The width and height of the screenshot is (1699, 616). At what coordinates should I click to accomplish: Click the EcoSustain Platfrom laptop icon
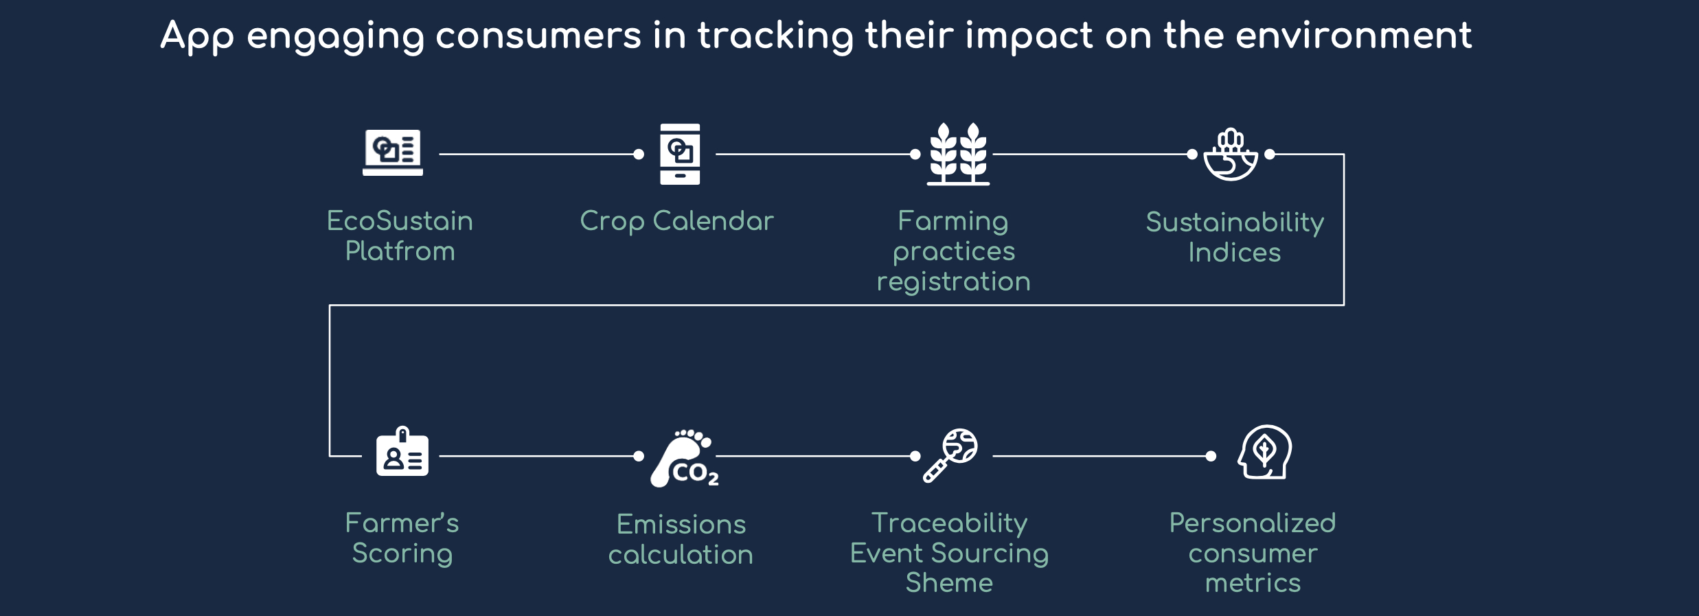[x=393, y=152]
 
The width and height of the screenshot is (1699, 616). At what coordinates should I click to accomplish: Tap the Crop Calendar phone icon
[x=680, y=154]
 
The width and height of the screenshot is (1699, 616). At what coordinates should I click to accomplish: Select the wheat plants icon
[x=958, y=154]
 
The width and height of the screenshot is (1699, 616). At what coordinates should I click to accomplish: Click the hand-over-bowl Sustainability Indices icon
[x=1231, y=155]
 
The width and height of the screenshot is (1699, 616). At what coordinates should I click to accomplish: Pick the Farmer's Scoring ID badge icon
[x=402, y=451]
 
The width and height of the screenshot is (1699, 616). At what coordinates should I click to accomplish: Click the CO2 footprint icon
[x=685, y=458]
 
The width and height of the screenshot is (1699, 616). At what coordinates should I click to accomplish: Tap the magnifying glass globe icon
[x=950, y=455]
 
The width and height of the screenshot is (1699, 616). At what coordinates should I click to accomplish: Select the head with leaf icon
[x=1265, y=452]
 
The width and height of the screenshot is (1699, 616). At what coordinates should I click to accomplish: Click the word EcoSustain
[x=400, y=221]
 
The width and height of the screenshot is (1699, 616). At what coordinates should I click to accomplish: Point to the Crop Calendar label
[x=676, y=222]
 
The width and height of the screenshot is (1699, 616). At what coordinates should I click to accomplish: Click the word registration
[x=954, y=282]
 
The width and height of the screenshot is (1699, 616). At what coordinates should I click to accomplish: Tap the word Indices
[x=1235, y=253]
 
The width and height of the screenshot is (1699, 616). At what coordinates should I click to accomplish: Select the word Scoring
[x=402, y=554]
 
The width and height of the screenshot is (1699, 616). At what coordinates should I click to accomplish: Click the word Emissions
[x=681, y=525]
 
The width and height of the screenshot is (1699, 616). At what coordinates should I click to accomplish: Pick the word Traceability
[x=950, y=524]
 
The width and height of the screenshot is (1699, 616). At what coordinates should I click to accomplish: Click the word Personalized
[x=1253, y=523]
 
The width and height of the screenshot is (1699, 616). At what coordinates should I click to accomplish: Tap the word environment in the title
[x=1354, y=36]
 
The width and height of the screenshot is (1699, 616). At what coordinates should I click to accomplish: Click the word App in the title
[x=198, y=38]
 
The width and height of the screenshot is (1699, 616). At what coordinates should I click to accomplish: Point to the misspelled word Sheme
[x=949, y=583]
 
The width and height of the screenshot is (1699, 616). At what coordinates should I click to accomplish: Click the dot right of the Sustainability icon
[x=1270, y=155]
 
